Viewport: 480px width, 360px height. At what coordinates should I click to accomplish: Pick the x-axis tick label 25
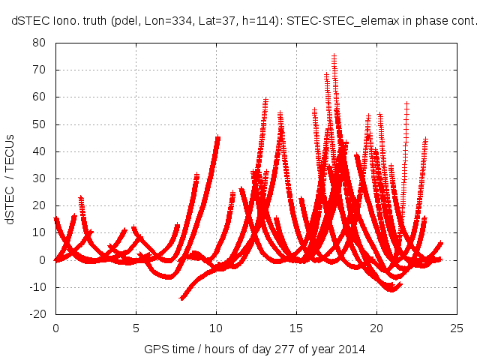457,328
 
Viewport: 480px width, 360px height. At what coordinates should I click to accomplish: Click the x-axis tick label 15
296,328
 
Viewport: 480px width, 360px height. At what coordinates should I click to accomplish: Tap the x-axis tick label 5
136,328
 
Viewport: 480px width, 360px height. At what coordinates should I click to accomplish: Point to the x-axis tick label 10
216,328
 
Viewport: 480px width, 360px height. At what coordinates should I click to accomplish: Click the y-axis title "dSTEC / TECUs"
11,178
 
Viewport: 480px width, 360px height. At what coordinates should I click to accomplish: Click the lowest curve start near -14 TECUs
181,298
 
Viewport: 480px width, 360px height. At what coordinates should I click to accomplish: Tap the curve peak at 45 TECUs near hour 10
218,137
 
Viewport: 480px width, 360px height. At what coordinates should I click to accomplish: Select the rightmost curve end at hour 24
441,242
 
